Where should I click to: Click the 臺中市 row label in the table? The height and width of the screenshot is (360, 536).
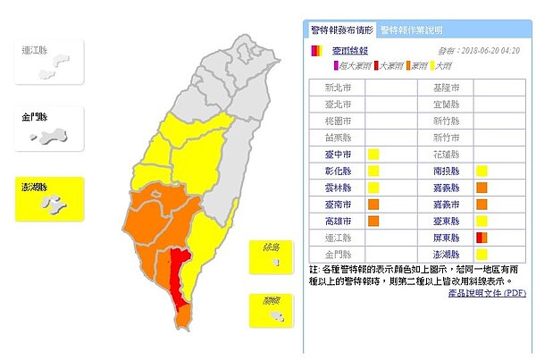pyautogui.click(x=332, y=154)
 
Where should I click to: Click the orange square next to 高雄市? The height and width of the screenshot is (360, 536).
pyautogui.click(x=373, y=221)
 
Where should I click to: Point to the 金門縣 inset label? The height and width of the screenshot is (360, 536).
pyautogui.click(x=37, y=117)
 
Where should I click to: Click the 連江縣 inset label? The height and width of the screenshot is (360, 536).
pyautogui.click(x=37, y=50)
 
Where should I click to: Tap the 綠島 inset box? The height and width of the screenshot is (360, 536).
pyautogui.click(x=272, y=259)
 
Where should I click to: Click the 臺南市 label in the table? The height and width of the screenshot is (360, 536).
pyautogui.click(x=332, y=204)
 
